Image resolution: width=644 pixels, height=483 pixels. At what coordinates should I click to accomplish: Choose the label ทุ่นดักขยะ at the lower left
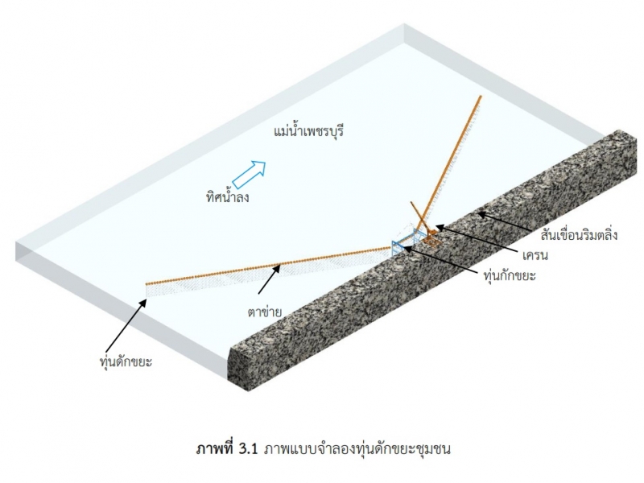click(122, 362)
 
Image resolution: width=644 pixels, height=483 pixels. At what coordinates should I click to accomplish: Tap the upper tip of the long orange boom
click(481, 97)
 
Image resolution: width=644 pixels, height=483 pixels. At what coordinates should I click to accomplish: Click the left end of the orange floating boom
click(147, 283)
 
